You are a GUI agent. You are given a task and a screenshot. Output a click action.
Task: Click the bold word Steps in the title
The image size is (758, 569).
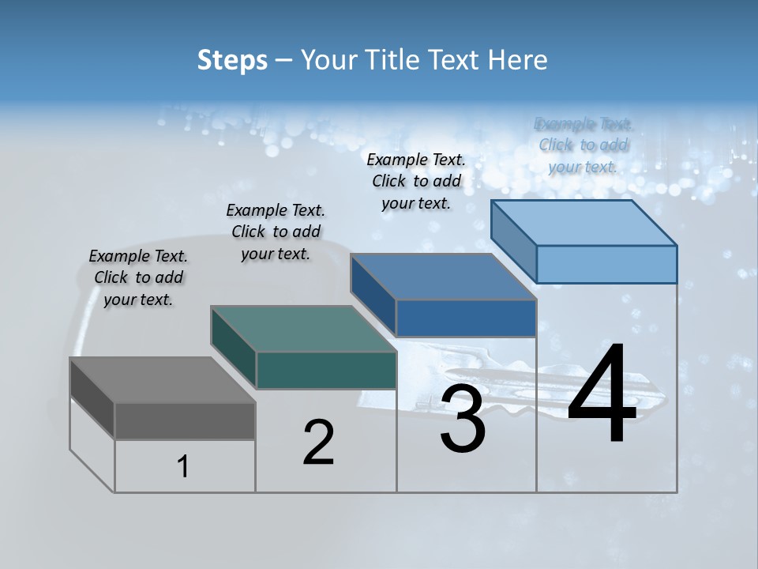[232, 60]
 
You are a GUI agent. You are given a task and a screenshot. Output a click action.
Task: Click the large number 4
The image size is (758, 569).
[602, 395]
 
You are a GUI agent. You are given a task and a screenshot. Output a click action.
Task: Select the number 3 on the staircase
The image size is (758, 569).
[463, 420]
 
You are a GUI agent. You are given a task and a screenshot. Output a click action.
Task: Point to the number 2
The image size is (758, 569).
[319, 443]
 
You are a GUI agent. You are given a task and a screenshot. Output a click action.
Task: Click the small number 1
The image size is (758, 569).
[183, 467]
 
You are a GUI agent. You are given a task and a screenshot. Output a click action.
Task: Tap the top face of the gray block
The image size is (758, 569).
[163, 379]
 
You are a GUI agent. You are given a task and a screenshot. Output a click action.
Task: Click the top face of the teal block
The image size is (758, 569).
[303, 329]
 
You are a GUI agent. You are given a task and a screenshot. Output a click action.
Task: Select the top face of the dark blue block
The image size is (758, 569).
[444, 277]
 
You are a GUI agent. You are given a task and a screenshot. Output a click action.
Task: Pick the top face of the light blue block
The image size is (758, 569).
[584, 223]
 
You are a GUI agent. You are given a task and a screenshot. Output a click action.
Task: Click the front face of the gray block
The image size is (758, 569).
[185, 420]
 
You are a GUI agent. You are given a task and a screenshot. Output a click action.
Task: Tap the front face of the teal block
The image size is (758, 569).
[326, 370]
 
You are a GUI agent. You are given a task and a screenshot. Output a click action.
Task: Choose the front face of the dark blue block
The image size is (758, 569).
[466, 318]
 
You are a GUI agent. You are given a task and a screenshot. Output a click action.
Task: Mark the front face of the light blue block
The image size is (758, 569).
[606, 264]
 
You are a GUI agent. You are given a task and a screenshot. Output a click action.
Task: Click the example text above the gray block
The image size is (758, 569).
[139, 277]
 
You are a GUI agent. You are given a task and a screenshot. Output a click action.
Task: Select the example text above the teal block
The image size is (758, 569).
[276, 232]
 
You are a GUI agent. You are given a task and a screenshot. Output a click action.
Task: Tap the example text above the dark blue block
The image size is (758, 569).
[416, 181]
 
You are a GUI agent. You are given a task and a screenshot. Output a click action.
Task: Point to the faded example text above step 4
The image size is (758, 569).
[584, 145]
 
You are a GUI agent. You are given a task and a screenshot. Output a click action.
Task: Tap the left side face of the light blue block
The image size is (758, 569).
[513, 240]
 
